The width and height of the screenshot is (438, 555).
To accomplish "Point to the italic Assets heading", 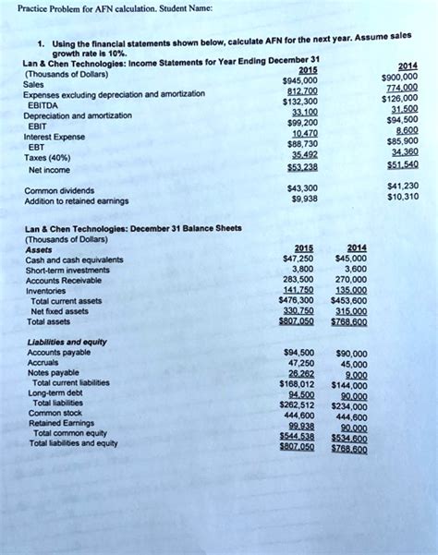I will coord(39,249).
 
